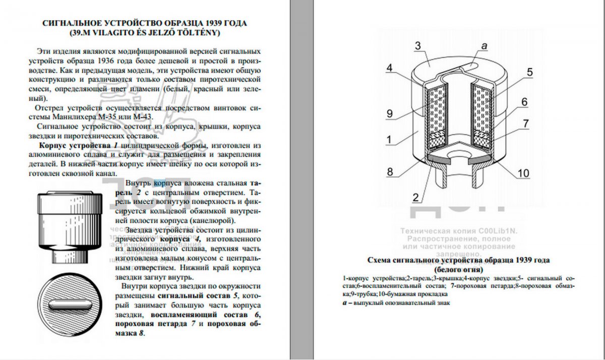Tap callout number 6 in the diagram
525,101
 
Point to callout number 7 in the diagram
525,123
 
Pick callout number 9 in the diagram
390,114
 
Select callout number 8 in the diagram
390,171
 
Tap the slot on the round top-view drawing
69,306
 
